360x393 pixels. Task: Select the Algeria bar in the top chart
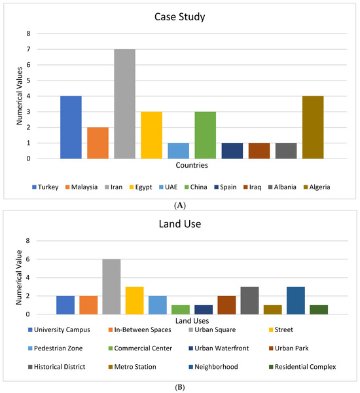[313, 127]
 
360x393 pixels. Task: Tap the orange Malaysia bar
[98, 143]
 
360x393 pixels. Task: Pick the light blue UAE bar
[178, 151]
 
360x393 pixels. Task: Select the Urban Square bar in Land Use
[111, 287]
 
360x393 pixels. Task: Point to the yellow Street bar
[135, 301]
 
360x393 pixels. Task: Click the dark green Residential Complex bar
[319, 310]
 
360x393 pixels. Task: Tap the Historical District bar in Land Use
[249, 301]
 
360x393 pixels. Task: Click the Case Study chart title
[179, 16]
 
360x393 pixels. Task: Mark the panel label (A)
[179, 205]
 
